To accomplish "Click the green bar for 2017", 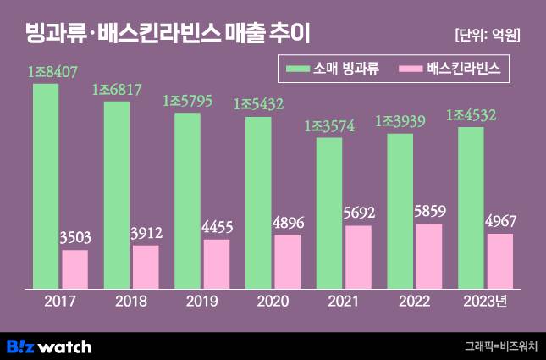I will tap(46, 186).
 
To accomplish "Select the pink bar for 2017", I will tap(74, 269).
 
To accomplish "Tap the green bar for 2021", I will tap(329, 213).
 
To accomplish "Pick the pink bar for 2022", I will tap(429, 256).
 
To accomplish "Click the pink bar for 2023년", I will tap(500, 261).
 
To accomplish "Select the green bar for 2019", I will tap(187, 200).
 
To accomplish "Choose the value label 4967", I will tap(500, 223).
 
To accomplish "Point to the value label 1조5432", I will tap(257, 106).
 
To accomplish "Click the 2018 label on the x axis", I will tap(131, 302).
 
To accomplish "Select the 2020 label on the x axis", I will tap(273, 302).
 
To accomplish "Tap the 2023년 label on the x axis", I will tap(488, 302).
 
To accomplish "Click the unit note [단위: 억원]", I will tap(487, 35).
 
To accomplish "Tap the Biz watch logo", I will tap(49, 346).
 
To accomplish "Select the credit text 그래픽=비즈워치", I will tap(500, 346).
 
